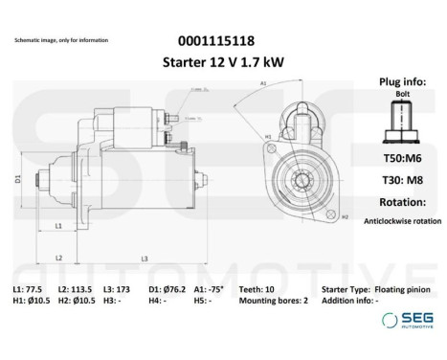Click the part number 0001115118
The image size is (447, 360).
pyautogui.click(x=217, y=41)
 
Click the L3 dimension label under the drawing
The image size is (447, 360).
pyautogui.click(x=144, y=258)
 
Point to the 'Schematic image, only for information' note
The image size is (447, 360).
pyautogui.click(x=61, y=41)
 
